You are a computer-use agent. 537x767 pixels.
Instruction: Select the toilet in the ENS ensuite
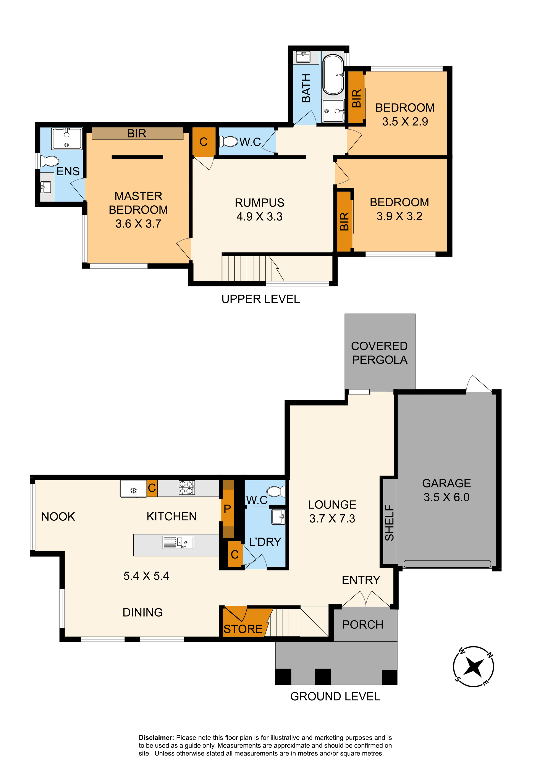point(49,161)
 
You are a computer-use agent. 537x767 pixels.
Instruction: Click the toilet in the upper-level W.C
point(228,141)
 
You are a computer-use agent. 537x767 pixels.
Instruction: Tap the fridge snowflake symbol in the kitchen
point(134,490)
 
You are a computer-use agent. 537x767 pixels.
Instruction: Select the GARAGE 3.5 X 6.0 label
point(446,490)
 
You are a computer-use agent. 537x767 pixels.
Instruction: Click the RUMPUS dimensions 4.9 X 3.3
point(259,216)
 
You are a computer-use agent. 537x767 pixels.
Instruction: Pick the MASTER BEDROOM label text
point(138,203)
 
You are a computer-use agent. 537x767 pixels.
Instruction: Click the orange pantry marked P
point(228,509)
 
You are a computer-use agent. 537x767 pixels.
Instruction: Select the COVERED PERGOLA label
point(380,353)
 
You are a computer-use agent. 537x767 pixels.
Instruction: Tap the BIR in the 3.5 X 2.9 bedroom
point(356,98)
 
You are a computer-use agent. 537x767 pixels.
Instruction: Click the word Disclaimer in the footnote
point(156,738)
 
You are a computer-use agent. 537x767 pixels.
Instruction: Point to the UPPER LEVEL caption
point(261,299)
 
